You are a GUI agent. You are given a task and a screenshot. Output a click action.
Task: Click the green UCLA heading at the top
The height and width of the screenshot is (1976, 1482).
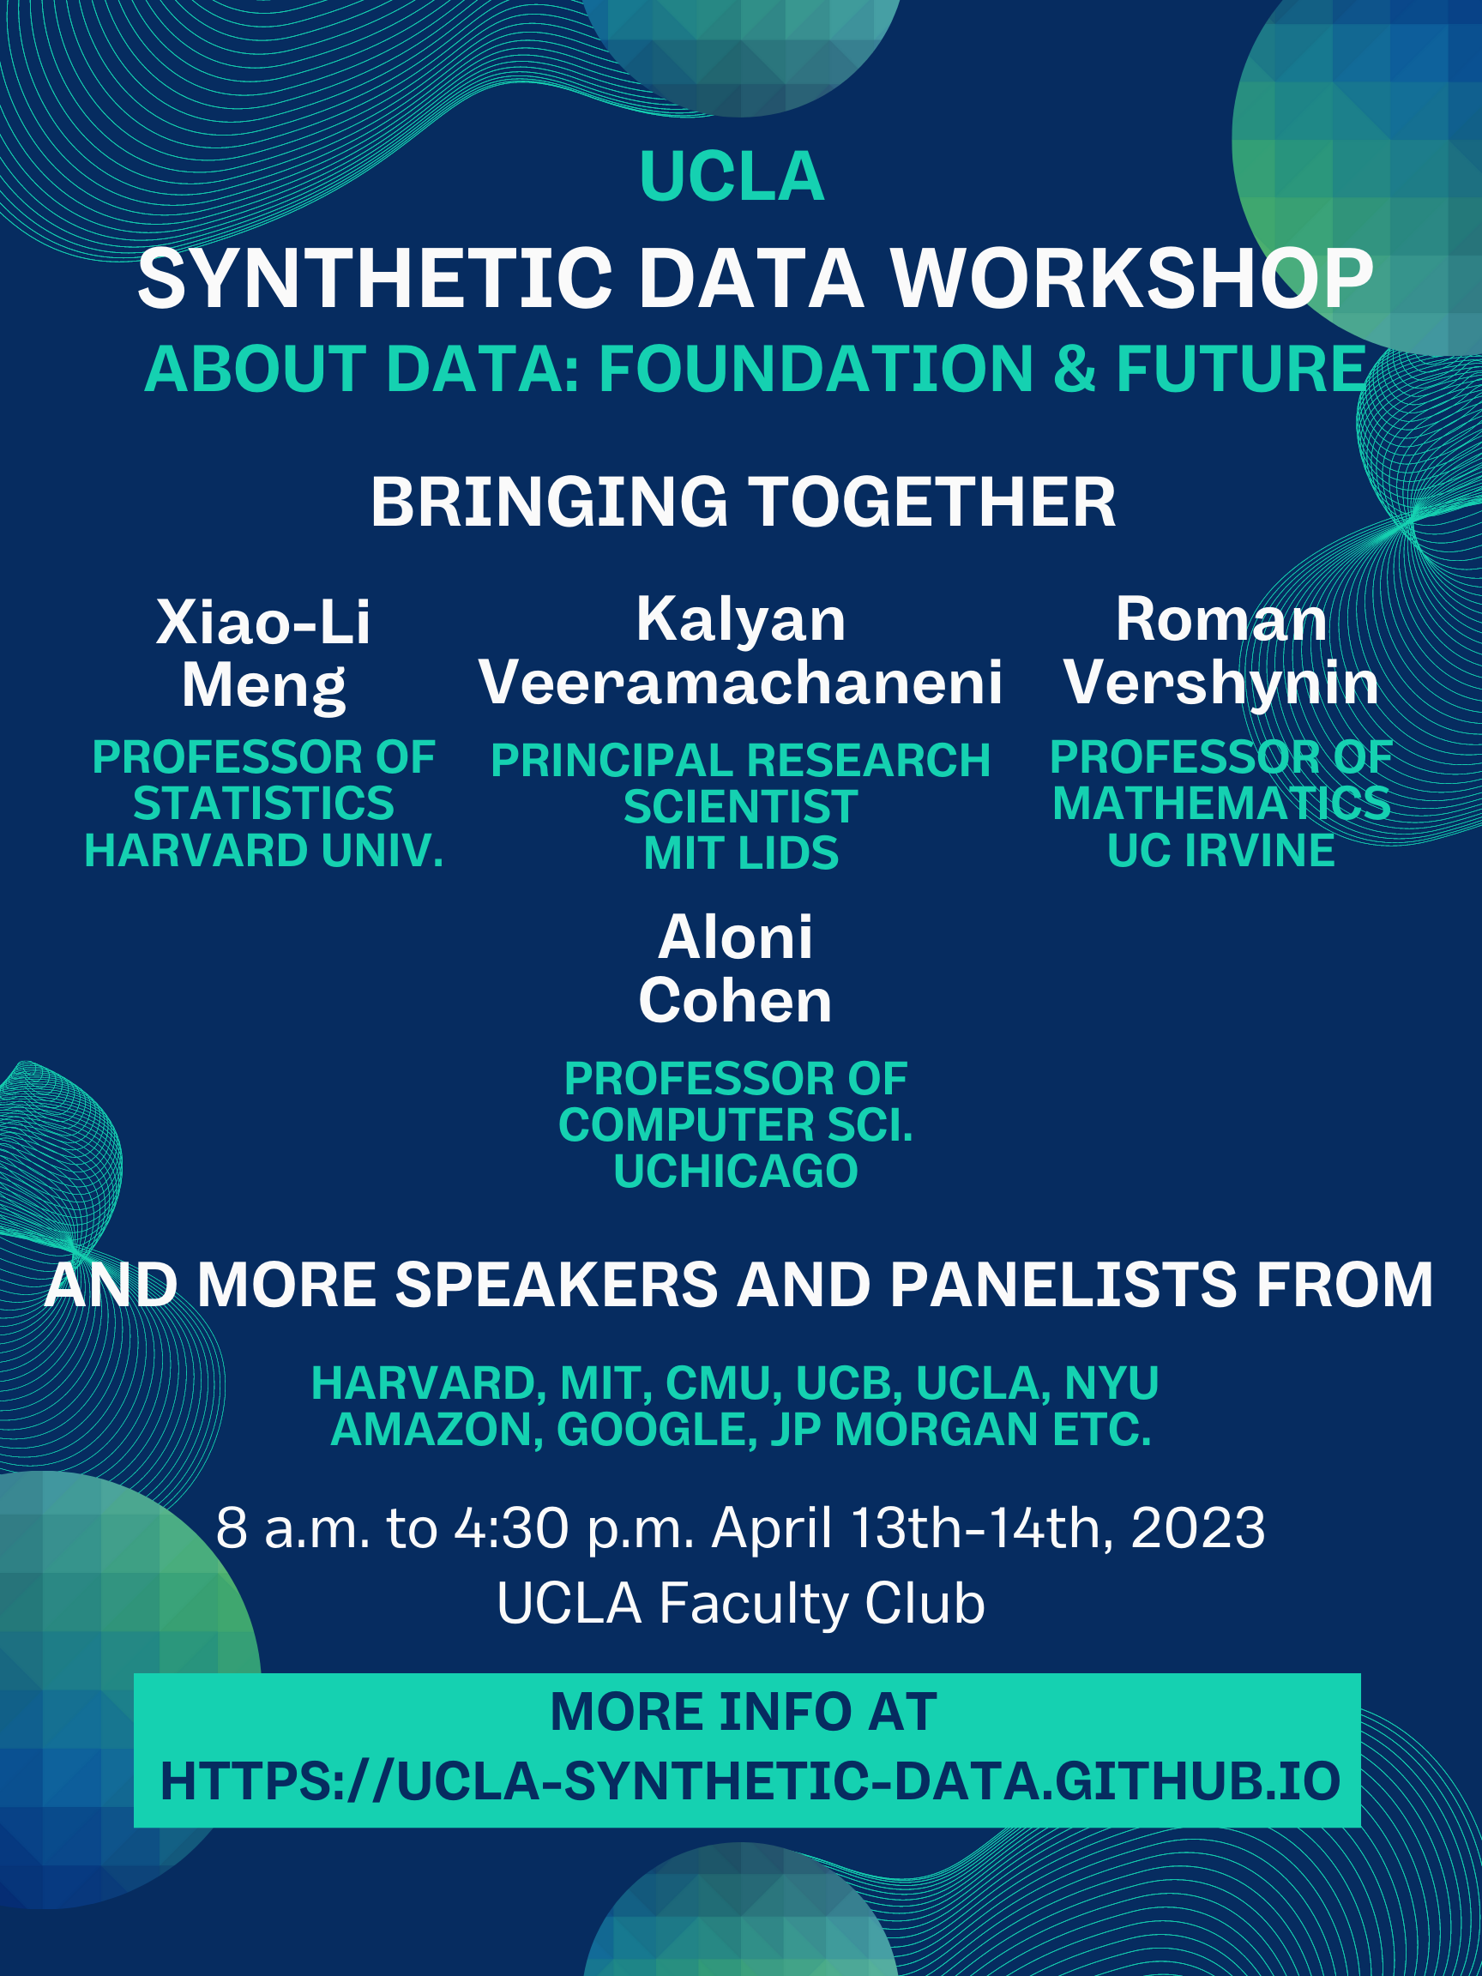tap(732, 177)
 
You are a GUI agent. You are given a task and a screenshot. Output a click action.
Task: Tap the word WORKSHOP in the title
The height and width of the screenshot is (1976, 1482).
tap(1132, 278)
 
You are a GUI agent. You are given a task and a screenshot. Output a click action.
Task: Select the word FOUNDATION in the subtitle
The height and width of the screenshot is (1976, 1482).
tap(816, 368)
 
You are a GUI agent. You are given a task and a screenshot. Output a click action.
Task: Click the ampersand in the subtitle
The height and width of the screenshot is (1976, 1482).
tap(1074, 368)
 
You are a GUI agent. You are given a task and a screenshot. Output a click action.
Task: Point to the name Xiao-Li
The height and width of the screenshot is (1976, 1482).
tap(263, 622)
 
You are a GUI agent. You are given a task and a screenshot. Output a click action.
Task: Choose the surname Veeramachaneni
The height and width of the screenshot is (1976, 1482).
tap(740, 683)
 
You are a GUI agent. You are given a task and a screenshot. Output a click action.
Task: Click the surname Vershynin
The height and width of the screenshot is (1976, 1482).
tap(1221, 684)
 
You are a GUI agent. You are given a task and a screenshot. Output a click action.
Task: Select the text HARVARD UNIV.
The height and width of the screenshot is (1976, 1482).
tap(263, 851)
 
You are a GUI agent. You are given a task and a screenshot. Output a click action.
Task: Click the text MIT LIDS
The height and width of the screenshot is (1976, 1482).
tap(742, 853)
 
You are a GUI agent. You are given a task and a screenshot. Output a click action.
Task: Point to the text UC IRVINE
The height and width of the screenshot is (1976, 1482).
tap(1221, 851)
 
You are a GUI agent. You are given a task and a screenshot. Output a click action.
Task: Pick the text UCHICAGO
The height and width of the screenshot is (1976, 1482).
tap(735, 1172)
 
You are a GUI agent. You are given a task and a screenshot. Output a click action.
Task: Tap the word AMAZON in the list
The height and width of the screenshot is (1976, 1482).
tap(437, 1430)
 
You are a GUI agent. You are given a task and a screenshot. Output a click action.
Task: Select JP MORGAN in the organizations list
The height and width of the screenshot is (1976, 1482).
tap(900, 1430)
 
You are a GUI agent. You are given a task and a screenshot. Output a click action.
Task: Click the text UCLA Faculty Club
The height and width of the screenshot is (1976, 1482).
tap(740, 1603)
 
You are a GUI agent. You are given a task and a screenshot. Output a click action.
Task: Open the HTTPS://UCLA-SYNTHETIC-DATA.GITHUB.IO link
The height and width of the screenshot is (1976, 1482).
tap(750, 1781)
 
